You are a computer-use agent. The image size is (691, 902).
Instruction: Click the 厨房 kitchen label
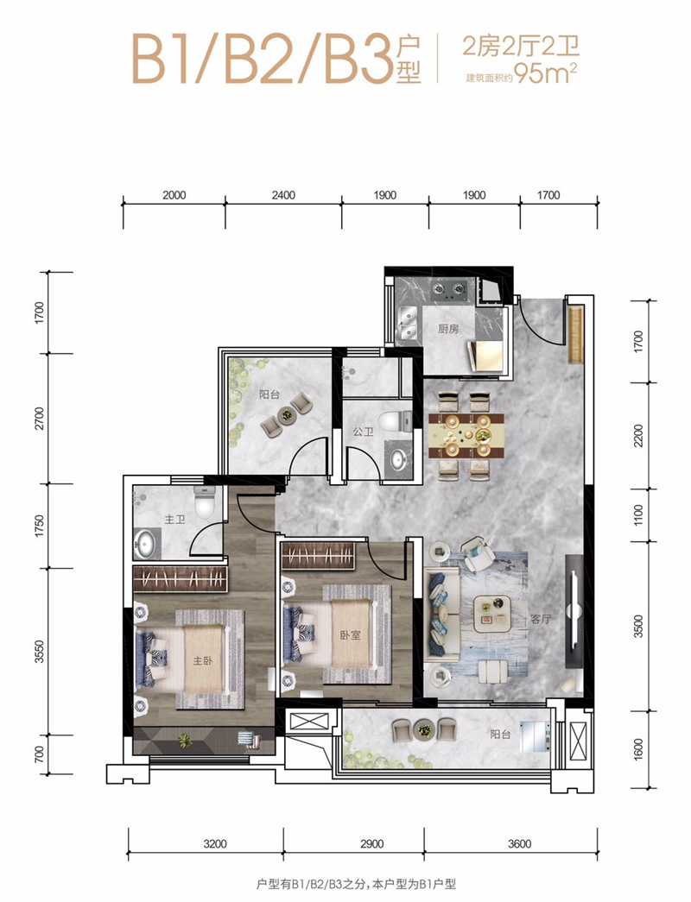pos(448,329)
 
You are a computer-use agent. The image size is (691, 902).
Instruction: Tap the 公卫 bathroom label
pos(363,432)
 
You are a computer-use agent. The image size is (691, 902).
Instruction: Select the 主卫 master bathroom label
pos(175,520)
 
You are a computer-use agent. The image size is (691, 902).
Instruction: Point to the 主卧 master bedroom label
pos(203,660)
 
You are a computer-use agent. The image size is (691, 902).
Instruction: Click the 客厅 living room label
pos(541,619)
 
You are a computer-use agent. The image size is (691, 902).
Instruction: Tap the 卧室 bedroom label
pos(350,635)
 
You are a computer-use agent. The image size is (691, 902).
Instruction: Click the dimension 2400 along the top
pos(283,195)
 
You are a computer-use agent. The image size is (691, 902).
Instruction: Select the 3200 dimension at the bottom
pos(215,844)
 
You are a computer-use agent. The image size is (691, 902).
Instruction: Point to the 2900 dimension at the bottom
pos(371,844)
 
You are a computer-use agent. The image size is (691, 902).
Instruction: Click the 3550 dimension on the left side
pos(39,652)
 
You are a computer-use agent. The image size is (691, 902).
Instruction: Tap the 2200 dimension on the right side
pos(638,436)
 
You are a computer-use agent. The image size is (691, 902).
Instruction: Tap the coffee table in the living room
pos(492,612)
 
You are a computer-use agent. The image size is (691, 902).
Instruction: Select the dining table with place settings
pos(466,436)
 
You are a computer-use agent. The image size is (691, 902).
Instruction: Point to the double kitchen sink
pos(409,324)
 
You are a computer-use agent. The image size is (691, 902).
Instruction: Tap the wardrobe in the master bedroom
pos(180,578)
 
